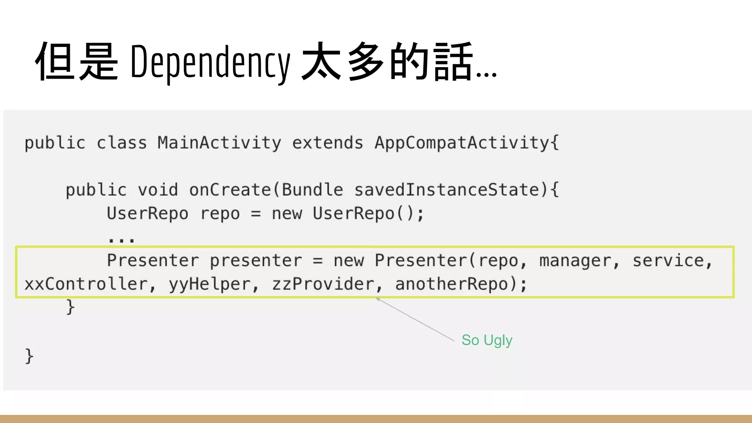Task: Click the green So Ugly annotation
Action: pyautogui.click(x=487, y=340)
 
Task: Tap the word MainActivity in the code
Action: pyautogui.click(x=219, y=142)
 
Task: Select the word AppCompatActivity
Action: pyautogui.click(x=462, y=142)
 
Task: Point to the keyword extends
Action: pyautogui.click(x=328, y=142)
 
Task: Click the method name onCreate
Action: pyautogui.click(x=230, y=190)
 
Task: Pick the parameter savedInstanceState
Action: pyautogui.click(x=446, y=190)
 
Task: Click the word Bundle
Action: pyautogui.click(x=312, y=190)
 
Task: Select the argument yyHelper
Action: pyautogui.click(x=210, y=284)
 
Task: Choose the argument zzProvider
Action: pyautogui.click(x=323, y=284)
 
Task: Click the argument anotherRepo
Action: pyautogui.click(x=452, y=284)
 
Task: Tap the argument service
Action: pyautogui.click(x=668, y=261)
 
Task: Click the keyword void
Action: pyautogui.click(x=158, y=190)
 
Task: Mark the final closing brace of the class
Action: pyautogui.click(x=29, y=356)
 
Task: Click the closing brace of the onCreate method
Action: pyautogui.click(x=70, y=307)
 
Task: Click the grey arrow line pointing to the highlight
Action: pyautogui.click(x=415, y=320)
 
